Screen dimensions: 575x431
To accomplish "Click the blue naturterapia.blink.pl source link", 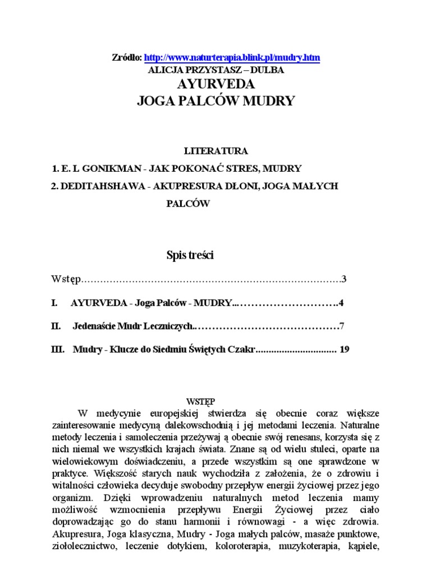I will point(232,57).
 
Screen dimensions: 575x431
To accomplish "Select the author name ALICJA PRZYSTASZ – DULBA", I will point(215,71).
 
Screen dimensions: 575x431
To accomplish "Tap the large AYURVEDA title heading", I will point(215,85).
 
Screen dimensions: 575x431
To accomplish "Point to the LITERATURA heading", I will point(215,151).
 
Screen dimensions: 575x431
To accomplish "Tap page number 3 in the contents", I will point(345,279).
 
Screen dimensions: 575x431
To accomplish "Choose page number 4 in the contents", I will point(341,303).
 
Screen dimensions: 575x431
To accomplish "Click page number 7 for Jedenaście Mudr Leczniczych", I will point(342,326).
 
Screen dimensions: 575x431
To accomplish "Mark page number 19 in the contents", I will point(345,349).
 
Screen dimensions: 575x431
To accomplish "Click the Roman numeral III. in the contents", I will point(57,349).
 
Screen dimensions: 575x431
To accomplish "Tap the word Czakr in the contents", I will point(242,349).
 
